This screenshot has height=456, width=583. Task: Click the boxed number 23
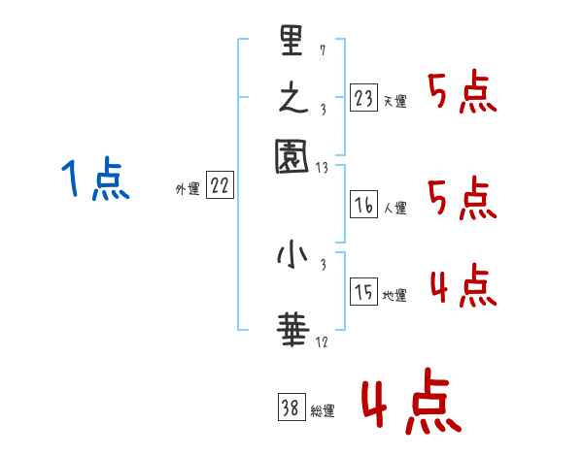click(364, 99)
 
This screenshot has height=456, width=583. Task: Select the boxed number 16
click(364, 205)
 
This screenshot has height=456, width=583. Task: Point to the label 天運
click(394, 101)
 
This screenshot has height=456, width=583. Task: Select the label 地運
click(394, 295)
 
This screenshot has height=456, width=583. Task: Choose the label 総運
click(323, 410)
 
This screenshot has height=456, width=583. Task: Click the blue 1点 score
click(96, 180)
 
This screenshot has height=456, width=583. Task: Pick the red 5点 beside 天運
click(462, 94)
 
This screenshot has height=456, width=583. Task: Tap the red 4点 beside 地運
click(462, 288)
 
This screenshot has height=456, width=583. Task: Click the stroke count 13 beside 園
click(323, 169)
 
